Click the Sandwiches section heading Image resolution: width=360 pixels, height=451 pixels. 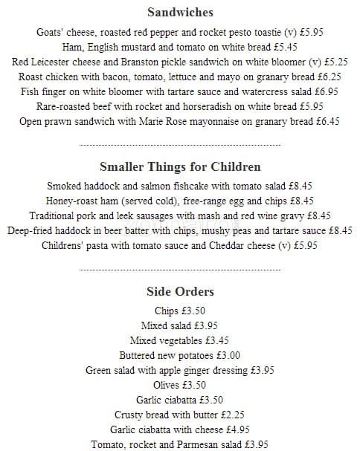point(180,13)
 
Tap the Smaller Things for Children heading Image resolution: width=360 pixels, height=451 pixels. point(180,167)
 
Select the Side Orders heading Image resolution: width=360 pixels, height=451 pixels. point(180,292)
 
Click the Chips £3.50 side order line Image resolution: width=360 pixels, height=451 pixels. point(179,311)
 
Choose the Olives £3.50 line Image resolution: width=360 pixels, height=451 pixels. point(179,385)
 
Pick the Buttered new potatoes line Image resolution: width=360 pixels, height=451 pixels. point(179,355)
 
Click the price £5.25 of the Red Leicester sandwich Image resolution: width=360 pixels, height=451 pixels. point(333,62)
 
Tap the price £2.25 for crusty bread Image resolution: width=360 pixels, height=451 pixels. point(230,415)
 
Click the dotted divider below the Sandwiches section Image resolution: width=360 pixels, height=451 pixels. point(180,144)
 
